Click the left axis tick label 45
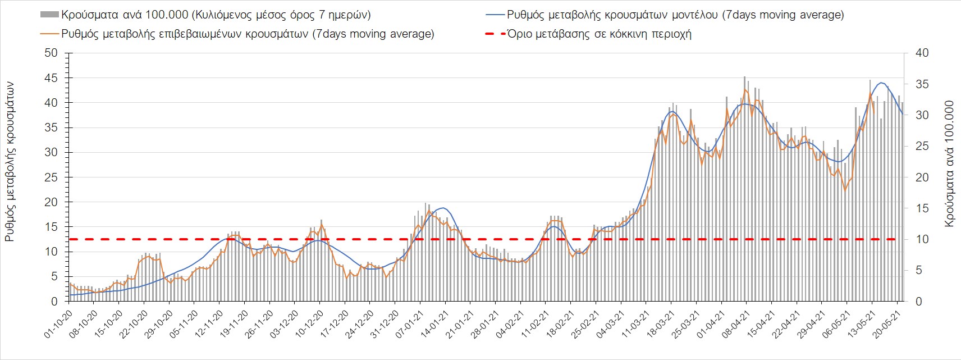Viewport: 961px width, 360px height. click(x=51, y=78)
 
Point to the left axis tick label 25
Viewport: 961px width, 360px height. click(x=51, y=177)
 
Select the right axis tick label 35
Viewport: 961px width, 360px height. click(x=922, y=84)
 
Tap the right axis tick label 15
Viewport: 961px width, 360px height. click(x=922, y=208)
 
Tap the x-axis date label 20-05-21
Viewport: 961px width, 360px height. click(x=887, y=325)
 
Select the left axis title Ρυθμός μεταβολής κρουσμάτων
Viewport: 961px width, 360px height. click(x=10, y=162)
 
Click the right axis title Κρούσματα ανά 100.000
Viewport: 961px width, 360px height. click(x=949, y=164)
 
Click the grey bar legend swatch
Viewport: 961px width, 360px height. click(x=49, y=15)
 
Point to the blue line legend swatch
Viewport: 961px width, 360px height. click(x=493, y=15)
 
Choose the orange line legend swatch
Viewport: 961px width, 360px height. click(x=49, y=34)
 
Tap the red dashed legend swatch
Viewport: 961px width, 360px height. click(x=493, y=34)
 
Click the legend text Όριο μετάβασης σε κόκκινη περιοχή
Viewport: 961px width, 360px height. click(x=599, y=34)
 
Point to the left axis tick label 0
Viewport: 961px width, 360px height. click(x=54, y=302)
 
